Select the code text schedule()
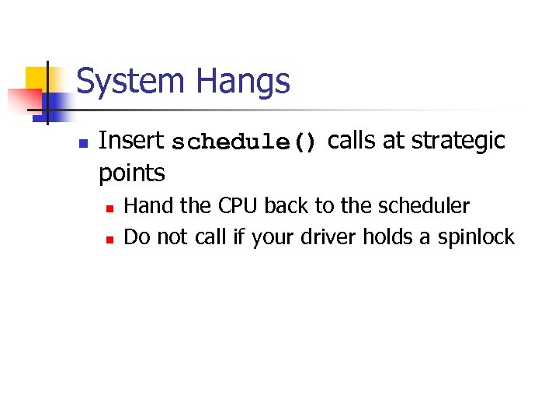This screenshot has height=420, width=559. pos(245,143)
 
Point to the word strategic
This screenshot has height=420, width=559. pos(458,142)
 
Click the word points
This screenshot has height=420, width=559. pos(131,173)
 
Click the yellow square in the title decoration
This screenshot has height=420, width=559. pos(39,79)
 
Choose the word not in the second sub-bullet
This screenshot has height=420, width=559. pos(171,236)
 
